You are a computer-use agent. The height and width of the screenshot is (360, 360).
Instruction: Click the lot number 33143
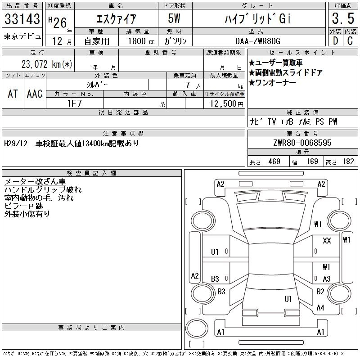pos(22,19)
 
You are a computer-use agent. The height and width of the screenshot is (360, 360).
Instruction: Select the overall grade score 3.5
pos(342,19)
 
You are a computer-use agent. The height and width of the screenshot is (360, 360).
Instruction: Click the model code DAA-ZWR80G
pos(258,40)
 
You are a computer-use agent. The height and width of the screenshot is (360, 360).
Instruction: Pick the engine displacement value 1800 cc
pos(137,40)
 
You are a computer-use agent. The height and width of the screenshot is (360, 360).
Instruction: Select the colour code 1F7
pos(75,103)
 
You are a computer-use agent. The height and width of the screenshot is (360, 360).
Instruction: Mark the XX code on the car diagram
pos(327,241)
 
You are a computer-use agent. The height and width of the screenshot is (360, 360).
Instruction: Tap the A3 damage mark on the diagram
pos(327,279)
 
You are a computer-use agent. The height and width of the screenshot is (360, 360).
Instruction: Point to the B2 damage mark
pos(320,292)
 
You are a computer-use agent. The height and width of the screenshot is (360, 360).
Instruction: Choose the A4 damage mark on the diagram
pos(320,308)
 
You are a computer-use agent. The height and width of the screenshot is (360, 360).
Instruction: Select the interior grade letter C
pos(350,40)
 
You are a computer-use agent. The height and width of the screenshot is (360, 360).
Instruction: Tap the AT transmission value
pos(13,93)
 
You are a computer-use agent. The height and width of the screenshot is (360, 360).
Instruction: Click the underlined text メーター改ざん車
pos(35,181)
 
